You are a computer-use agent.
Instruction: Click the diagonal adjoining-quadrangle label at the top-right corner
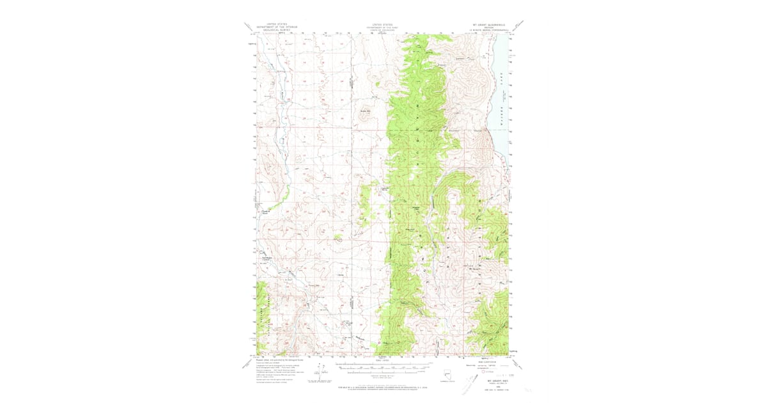point(520,26)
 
